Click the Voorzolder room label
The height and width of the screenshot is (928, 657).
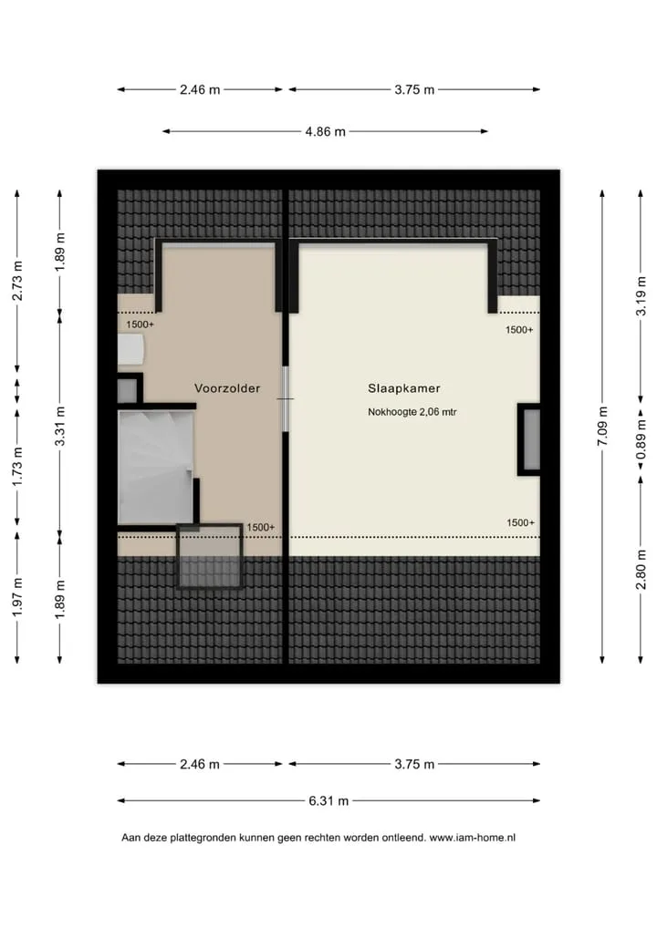click(x=227, y=388)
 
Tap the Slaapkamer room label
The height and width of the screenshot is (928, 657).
click(x=403, y=388)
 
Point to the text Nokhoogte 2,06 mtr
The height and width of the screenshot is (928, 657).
click(x=412, y=412)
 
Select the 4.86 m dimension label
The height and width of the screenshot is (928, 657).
click(x=325, y=131)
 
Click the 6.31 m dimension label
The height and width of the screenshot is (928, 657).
click(x=328, y=800)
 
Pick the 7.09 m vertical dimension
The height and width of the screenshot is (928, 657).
click(x=602, y=426)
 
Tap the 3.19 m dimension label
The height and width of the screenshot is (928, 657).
click(x=641, y=296)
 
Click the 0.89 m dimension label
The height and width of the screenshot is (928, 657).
click(x=641, y=439)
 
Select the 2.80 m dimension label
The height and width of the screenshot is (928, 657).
click(x=641, y=570)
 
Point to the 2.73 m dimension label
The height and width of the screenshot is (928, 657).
click(x=17, y=281)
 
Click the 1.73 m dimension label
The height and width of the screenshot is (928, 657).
click(x=17, y=467)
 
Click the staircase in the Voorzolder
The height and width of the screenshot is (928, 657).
click(x=156, y=468)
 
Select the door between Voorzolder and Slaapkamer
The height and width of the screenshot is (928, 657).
click(x=286, y=399)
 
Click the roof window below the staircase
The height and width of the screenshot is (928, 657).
click(x=210, y=556)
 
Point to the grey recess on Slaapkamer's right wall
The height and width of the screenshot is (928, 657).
click(x=529, y=439)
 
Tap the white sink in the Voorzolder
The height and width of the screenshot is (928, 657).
click(x=130, y=350)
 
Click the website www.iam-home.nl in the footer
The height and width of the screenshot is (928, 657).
click(x=472, y=838)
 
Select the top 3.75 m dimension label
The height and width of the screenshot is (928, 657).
click(x=414, y=90)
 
